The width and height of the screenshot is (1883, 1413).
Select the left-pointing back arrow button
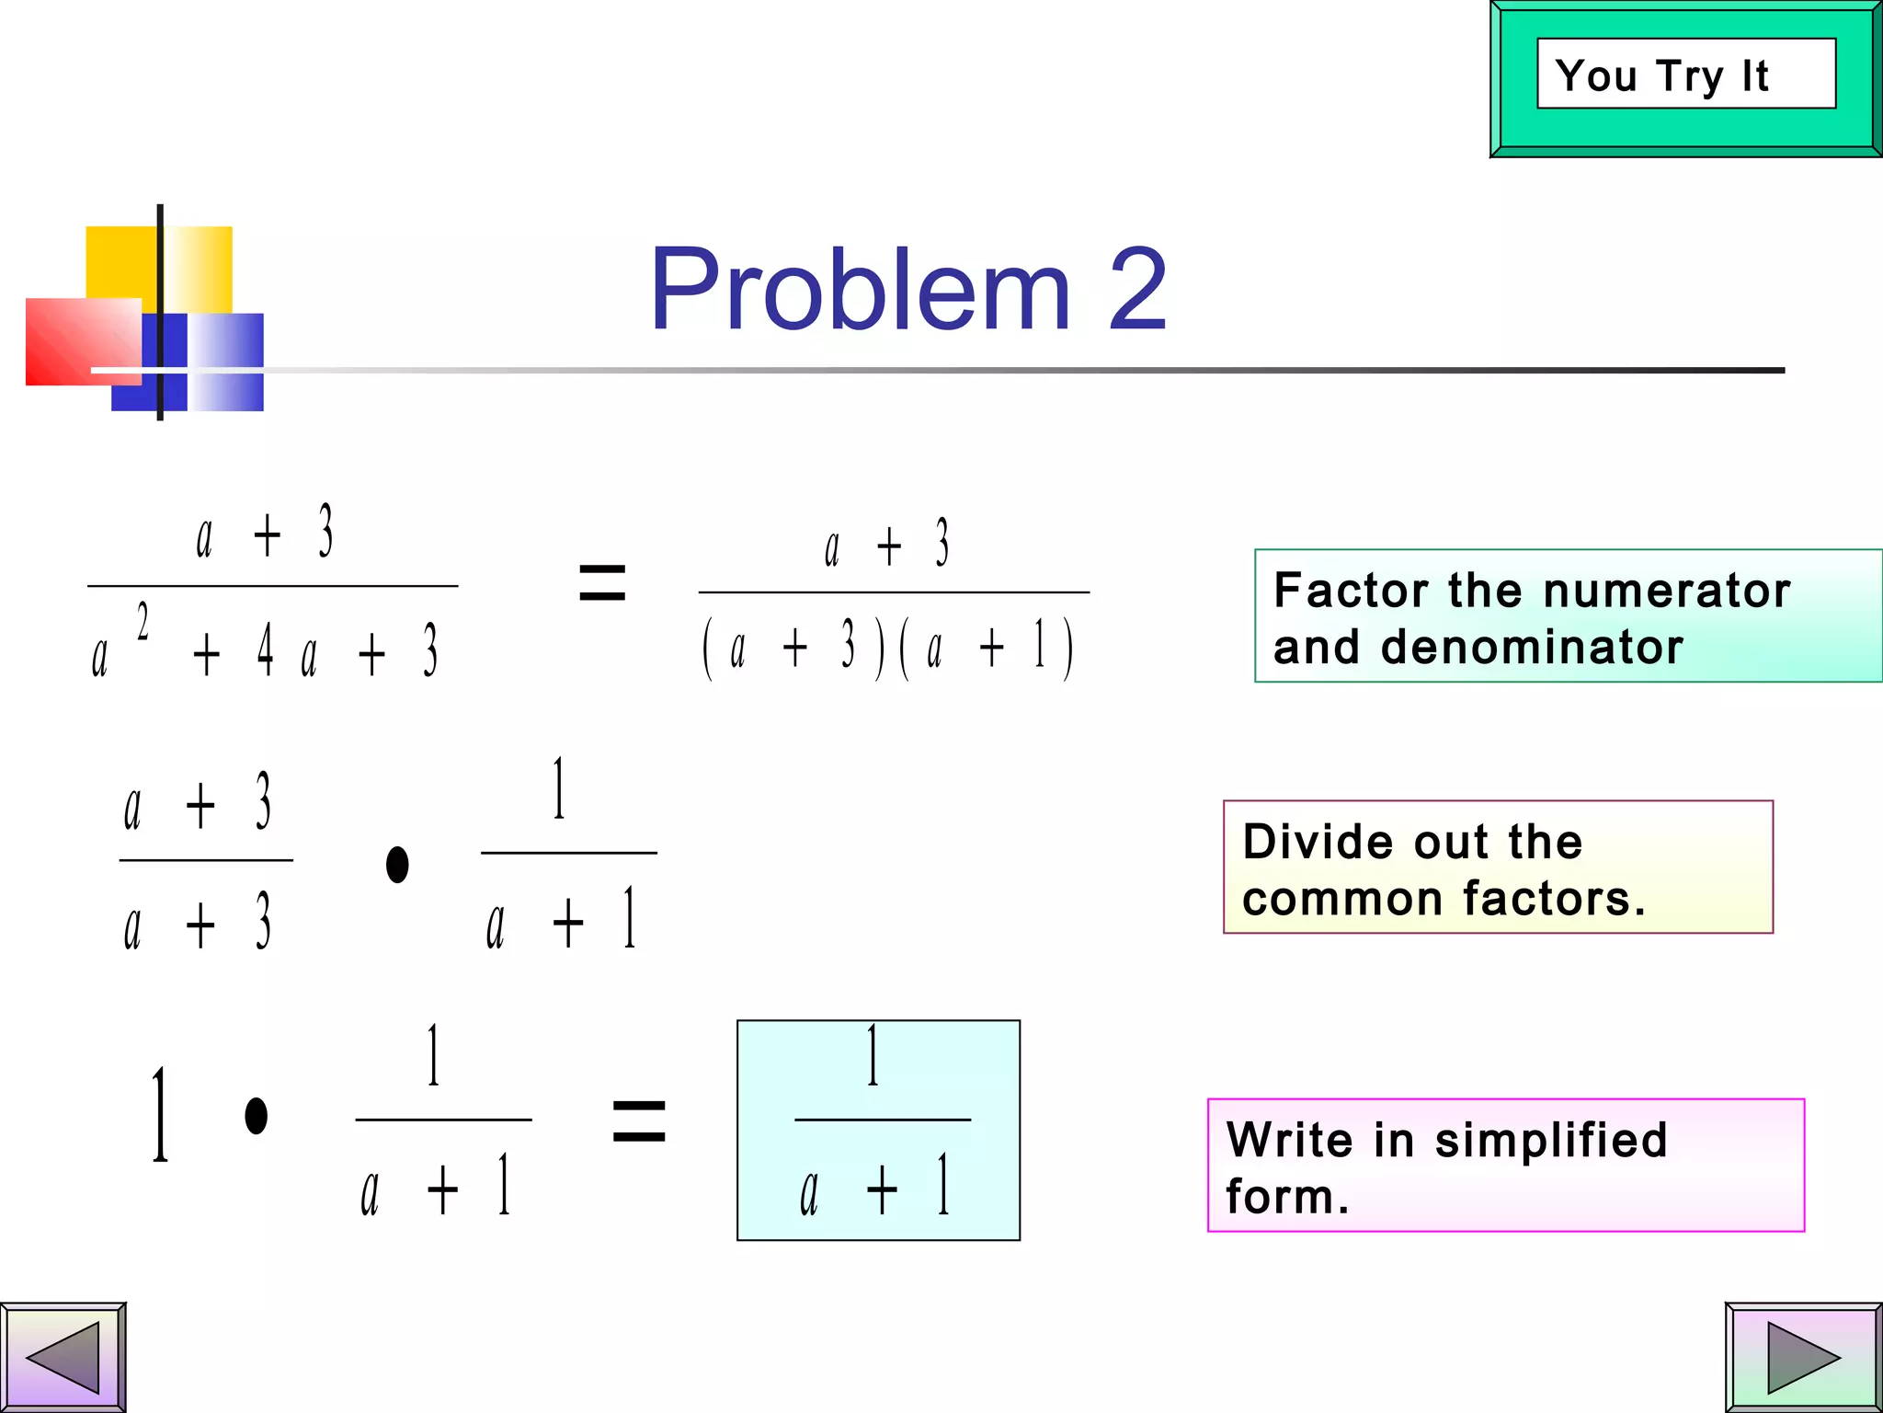[63, 1357]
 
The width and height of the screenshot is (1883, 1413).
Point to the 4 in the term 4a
[265, 649]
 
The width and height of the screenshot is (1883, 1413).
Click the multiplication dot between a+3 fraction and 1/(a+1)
[397, 864]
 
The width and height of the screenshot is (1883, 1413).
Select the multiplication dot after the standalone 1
[257, 1116]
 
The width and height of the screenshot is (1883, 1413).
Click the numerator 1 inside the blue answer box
[873, 1056]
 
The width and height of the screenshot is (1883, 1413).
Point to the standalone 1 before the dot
[160, 1115]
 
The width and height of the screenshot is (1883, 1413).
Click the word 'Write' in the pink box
[1290, 1140]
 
